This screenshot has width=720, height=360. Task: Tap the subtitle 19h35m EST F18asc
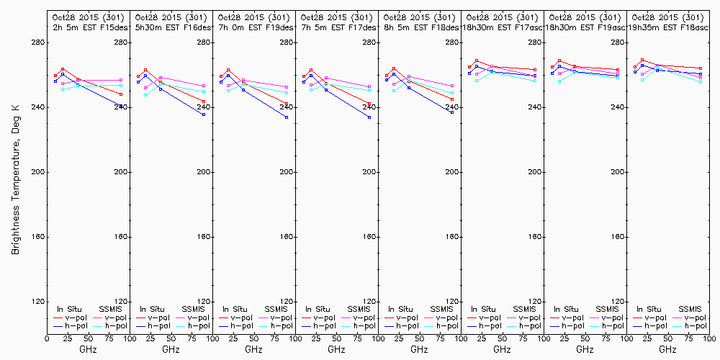tap(671, 27)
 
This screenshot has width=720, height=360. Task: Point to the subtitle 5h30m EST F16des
tap(171, 27)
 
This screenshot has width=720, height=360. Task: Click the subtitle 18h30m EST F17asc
tap(503, 27)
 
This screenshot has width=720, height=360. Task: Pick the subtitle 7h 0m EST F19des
tap(254, 27)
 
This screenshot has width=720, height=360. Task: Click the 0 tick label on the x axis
tap(47, 338)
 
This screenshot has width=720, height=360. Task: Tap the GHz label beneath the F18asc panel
tap(667, 349)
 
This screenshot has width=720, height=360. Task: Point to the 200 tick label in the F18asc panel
tap(701, 172)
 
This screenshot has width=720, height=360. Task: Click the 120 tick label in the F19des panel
tap(286, 302)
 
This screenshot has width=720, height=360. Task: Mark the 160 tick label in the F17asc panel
tap(534, 237)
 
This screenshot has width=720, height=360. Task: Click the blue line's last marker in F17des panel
tap(369, 117)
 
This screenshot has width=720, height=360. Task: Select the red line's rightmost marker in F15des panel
tap(121, 94)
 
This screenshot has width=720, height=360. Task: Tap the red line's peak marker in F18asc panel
tap(642, 60)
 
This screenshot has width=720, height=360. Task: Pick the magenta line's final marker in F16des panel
tap(204, 86)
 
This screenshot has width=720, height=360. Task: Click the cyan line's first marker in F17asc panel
tap(477, 81)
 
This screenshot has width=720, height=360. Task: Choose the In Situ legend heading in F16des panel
tap(151, 309)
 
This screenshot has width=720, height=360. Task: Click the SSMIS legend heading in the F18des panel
tap(441, 309)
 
